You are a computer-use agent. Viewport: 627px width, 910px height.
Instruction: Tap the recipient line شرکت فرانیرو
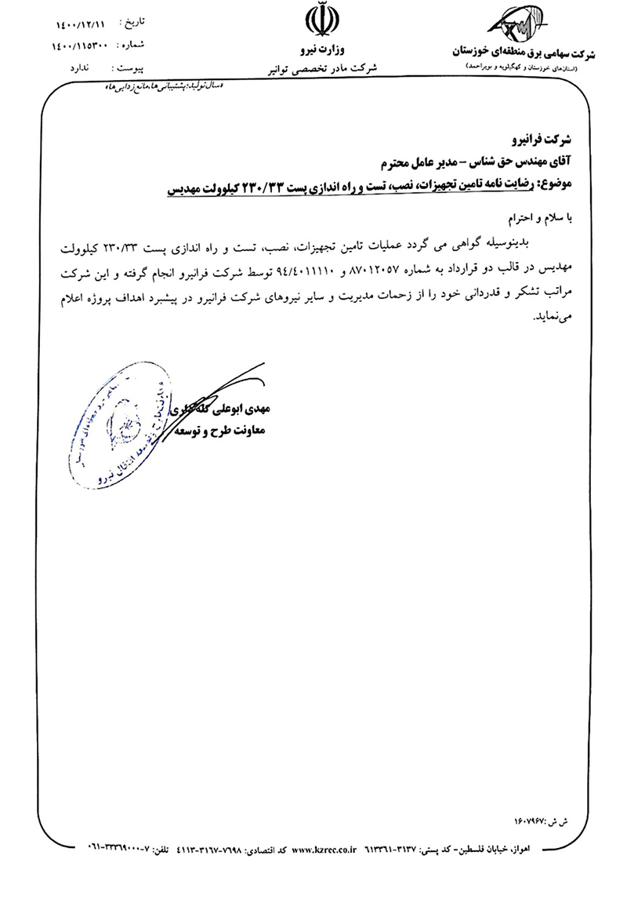click(x=547, y=140)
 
